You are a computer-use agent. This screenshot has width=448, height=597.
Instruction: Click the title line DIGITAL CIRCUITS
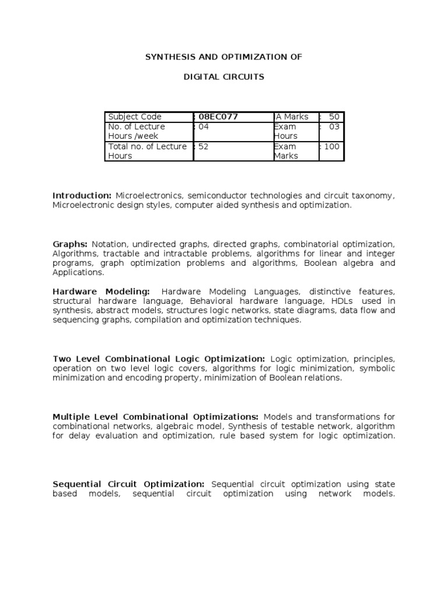point(224,77)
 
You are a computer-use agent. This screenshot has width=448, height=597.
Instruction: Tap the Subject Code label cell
point(135,117)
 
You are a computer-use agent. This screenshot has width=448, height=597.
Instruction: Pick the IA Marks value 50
point(334,117)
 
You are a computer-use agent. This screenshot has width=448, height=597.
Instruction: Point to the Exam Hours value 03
point(334,127)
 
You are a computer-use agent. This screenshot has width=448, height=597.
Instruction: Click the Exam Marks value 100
point(331,146)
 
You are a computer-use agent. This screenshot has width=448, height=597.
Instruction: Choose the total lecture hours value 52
point(204,146)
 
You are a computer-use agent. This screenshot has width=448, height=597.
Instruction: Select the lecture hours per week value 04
point(204,127)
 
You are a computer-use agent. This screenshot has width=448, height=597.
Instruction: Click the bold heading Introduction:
point(82,195)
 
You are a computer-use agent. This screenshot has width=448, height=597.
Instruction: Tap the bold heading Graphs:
point(70,244)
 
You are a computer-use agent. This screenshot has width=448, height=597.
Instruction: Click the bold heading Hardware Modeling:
point(101,291)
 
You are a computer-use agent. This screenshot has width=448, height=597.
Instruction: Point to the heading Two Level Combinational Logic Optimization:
point(159,359)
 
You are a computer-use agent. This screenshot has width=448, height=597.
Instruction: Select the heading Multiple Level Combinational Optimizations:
point(155,417)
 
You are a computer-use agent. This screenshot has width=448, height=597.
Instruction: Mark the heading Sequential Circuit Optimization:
point(128,484)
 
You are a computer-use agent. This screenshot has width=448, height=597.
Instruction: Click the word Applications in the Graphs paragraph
point(78,272)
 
